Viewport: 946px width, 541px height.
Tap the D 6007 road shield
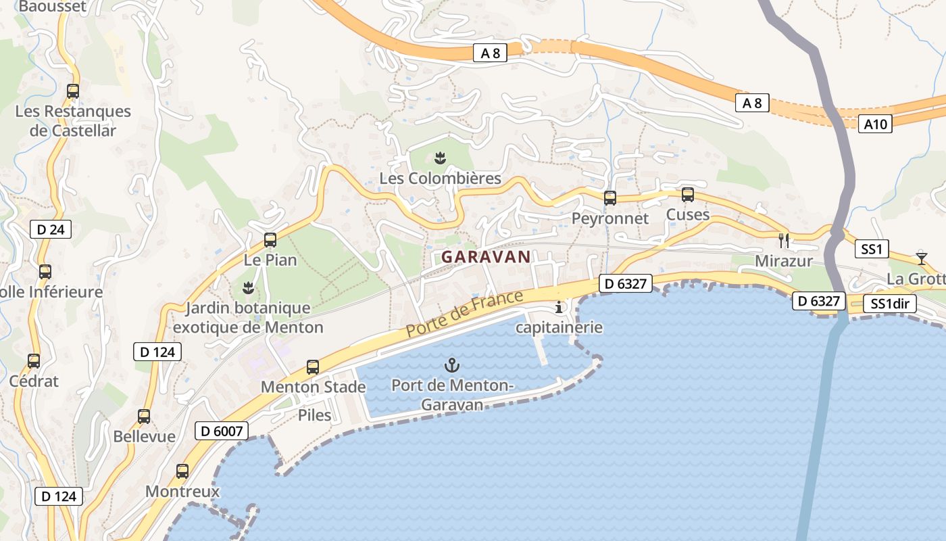(222, 431)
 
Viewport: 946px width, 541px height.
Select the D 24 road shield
(51, 229)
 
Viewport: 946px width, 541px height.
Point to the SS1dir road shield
(890, 304)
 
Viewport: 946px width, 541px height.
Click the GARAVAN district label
(486, 257)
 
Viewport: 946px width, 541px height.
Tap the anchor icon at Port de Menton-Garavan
(451, 366)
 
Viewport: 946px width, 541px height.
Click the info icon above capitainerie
(559, 308)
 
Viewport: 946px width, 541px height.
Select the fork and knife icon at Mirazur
(784, 239)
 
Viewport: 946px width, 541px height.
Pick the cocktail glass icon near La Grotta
(921, 257)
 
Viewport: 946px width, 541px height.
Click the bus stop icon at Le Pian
(270, 239)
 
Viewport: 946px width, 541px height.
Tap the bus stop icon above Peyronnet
(609, 198)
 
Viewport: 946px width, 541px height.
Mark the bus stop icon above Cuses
(688, 195)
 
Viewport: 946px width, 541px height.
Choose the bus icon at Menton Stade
(313, 367)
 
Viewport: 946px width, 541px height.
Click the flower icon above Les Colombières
(440, 159)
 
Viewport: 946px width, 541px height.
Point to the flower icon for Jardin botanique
(248, 288)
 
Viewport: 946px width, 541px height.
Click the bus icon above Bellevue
(144, 417)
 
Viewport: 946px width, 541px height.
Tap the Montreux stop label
(182, 492)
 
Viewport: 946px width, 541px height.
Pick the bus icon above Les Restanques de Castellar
(73, 91)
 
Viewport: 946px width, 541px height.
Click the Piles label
(315, 415)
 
